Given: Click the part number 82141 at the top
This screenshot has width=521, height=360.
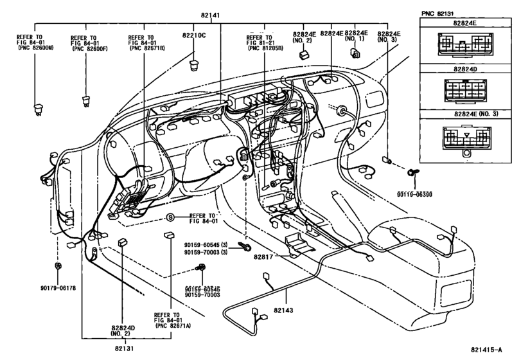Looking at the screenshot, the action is point(210,15).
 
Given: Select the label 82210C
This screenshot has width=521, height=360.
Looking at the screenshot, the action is point(194,35).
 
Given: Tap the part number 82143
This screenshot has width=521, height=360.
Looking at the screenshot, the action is point(283,310).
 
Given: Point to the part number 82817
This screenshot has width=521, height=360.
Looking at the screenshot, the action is point(263,256).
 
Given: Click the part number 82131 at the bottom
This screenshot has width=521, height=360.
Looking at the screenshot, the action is point(125,348).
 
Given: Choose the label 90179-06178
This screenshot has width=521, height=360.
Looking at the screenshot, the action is point(58,288).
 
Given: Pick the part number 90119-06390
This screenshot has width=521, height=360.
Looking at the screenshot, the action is point(414,194).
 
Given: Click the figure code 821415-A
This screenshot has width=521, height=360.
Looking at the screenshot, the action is point(486,349).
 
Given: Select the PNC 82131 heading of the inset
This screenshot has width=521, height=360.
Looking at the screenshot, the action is point(437,14).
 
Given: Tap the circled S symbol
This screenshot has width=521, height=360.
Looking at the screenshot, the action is point(170,218).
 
